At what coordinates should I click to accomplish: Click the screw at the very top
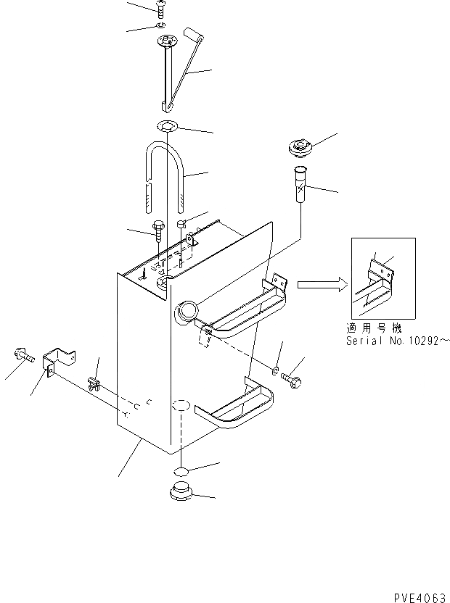[160, 9]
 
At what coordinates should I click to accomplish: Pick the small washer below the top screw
[160, 26]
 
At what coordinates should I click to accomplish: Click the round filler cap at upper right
[298, 148]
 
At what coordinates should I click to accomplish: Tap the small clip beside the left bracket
[92, 382]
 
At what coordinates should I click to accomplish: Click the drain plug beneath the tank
[180, 491]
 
